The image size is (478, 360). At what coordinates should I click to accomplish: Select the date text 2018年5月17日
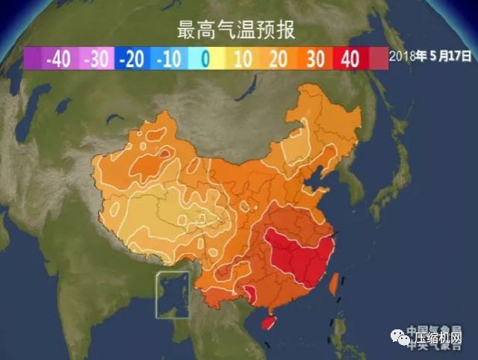pos(432,55)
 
